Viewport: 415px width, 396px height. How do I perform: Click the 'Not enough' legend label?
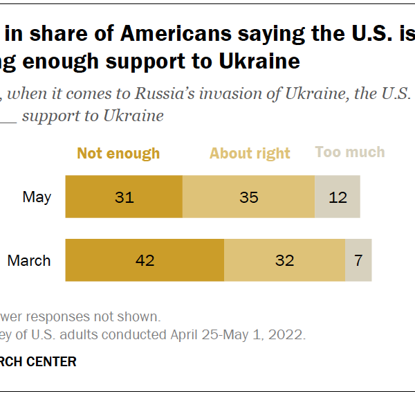click(118, 153)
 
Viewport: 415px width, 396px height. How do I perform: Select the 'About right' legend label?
click(250, 153)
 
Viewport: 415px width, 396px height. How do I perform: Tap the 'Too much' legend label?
click(350, 152)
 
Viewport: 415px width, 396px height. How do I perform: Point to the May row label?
click(37, 197)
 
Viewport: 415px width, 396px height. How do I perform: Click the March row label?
click(29, 260)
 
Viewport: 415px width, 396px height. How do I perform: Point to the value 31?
click(123, 197)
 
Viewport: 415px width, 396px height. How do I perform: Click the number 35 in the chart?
click(248, 197)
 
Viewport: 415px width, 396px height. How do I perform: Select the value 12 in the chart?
click(338, 197)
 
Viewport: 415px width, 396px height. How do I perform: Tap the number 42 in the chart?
click(145, 260)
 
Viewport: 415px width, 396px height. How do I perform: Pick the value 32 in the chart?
click(284, 260)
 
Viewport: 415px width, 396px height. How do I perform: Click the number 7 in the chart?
click(358, 260)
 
